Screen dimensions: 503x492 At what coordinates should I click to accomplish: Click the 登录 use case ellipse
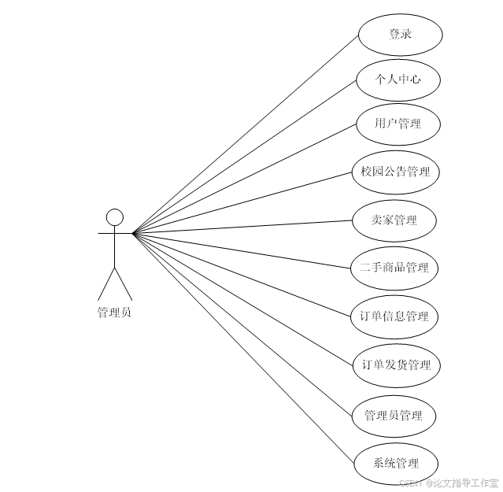click(x=400, y=35)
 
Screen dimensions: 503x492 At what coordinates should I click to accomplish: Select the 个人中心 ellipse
click(x=397, y=80)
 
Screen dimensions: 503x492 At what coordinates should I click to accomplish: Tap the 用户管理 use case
click(x=397, y=124)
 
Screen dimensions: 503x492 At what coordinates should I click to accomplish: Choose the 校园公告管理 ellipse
click(x=395, y=171)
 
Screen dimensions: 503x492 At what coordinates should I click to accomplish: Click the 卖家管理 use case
click(x=394, y=220)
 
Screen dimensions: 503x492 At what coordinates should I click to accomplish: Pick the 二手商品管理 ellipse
click(x=394, y=268)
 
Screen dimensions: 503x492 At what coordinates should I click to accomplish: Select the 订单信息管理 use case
click(x=394, y=316)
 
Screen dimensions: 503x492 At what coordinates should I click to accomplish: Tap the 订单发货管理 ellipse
click(x=396, y=365)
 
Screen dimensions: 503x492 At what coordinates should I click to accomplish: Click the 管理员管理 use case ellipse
click(x=394, y=416)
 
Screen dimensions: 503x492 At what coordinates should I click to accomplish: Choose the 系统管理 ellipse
click(x=395, y=463)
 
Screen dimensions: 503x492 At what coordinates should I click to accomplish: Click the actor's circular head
click(x=115, y=217)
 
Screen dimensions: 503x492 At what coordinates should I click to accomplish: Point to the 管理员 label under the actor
click(x=114, y=313)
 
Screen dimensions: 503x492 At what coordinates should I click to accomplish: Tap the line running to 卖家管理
click(x=244, y=227)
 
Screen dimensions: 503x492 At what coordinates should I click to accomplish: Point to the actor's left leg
click(x=105, y=283)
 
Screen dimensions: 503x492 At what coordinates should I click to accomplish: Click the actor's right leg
click(x=124, y=283)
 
